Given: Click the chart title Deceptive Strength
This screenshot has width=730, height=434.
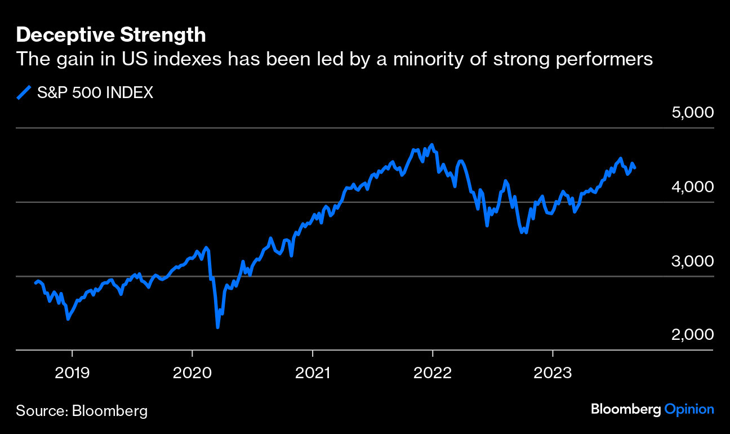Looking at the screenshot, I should click(x=111, y=36).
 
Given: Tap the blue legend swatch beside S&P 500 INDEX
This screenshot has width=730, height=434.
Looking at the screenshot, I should click(x=24, y=93).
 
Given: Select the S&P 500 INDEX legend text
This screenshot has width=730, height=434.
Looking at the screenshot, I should click(x=95, y=93).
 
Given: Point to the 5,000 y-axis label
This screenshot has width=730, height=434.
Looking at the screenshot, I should click(x=692, y=112).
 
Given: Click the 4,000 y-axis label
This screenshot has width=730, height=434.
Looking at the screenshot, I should click(x=692, y=187).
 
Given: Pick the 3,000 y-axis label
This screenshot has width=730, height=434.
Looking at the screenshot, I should click(x=692, y=261).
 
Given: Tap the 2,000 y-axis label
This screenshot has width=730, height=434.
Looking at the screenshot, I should click(x=692, y=335).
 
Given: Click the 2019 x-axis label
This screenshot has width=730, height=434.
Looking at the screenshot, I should click(x=72, y=373).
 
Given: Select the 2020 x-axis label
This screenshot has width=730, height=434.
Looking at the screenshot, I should click(x=192, y=373).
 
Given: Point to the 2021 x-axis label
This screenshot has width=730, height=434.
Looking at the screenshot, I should click(x=313, y=373).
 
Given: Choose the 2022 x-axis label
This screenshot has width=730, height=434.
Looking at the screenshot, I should click(x=433, y=373).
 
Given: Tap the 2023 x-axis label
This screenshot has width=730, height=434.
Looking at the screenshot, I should click(x=553, y=373).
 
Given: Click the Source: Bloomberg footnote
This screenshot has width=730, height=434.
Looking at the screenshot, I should click(x=82, y=410).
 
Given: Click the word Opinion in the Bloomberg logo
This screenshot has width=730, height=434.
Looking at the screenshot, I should click(x=689, y=410).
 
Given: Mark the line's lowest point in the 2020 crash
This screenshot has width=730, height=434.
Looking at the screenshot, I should click(x=217, y=327).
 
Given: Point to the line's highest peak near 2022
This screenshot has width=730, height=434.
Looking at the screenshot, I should click(x=432, y=145).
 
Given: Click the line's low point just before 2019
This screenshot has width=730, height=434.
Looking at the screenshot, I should click(x=68, y=319).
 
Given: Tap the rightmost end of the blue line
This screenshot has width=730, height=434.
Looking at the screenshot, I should click(x=635, y=168).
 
